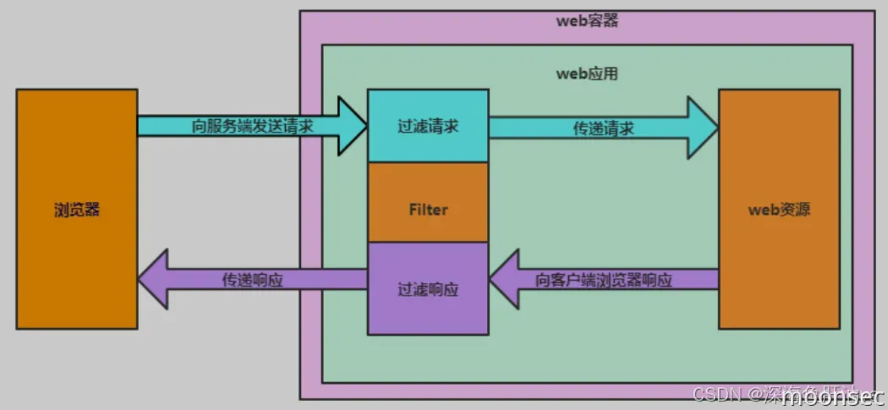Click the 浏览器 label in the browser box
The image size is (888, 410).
click(76, 210)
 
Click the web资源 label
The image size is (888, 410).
click(779, 210)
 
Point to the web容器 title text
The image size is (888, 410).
click(587, 20)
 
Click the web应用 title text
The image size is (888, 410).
click(587, 74)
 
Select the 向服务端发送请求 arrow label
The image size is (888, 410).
click(252, 126)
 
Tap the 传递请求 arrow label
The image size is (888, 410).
click(603, 128)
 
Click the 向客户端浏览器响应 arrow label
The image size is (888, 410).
click(604, 280)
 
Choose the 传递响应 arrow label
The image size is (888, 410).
click(252, 280)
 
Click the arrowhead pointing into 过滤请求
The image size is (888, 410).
click(352, 126)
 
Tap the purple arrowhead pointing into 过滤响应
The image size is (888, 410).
click(504, 280)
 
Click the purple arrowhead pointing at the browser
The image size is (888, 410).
click(153, 280)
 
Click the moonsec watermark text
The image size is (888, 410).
click(832, 398)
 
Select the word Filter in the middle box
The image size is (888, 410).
click(428, 210)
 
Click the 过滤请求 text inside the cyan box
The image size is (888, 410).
click(428, 127)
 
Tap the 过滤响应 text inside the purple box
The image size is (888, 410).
click(428, 289)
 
